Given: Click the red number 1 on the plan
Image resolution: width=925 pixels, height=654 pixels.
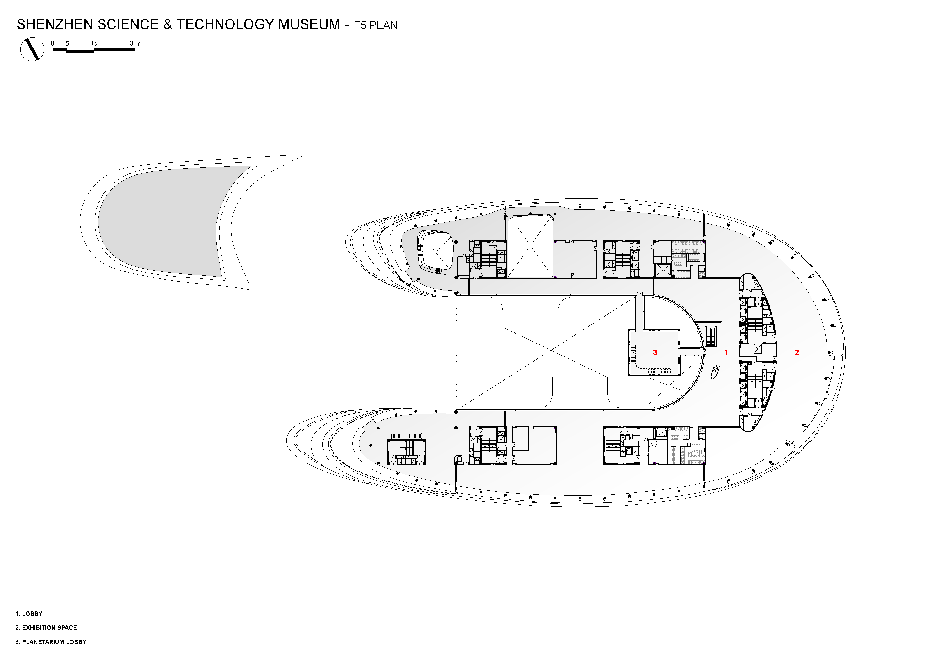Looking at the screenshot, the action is (x=726, y=353).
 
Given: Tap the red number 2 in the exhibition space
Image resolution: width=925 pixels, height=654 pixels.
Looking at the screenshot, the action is (x=796, y=353).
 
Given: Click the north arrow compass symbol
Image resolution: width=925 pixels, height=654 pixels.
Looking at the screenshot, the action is (x=32, y=49).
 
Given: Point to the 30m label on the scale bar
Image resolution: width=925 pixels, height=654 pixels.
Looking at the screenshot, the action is (x=135, y=43).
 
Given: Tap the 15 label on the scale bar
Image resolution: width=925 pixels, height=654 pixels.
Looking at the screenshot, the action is (x=94, y=43).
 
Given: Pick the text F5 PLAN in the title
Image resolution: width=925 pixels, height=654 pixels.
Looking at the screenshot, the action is (x=376, y=25).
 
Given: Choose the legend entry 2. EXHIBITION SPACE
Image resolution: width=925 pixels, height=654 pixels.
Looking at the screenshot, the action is (x=46, y=627).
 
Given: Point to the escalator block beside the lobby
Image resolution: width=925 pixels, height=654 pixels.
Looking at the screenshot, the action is (x=712, y=334).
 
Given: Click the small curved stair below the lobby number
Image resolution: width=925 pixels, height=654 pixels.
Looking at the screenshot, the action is (x=715, y=372).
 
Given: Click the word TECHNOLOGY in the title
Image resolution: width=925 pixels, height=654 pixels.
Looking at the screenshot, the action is (x=226, y=25).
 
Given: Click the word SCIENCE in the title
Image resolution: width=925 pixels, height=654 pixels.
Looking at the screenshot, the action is (x=128, y=25).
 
